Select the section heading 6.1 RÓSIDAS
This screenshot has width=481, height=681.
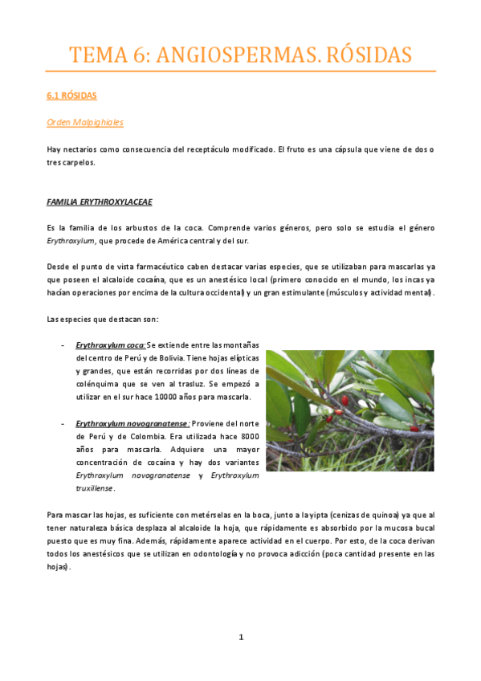[x=71, y=96]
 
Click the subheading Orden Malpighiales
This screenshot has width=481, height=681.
[x=85, y=122]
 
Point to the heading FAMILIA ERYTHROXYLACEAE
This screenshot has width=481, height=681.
[x=100, y=201]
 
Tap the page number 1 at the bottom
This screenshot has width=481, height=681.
[x=240, y=637]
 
